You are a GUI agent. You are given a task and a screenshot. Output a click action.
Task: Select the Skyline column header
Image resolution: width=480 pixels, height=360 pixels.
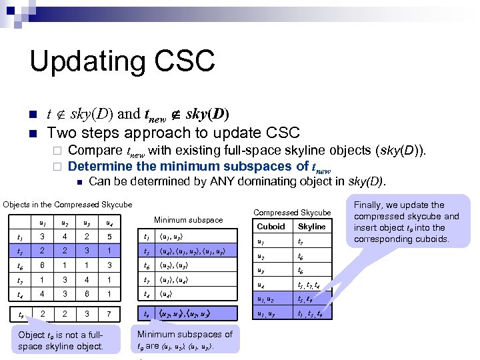pyautogui.click(x=311, y=227)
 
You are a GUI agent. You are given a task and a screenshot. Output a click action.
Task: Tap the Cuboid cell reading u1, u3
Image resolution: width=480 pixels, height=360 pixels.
pyautogui.click(x=269, y=313)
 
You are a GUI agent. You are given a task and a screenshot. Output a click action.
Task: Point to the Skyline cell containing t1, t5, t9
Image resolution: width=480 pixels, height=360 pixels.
pyautogui.click(x=311, y=313)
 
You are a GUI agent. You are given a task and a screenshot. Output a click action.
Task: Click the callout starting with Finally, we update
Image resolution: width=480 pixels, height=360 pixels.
pyautogui.click(x=407, y=222)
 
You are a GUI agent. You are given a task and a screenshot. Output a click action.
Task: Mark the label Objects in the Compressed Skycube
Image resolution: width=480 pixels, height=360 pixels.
pyautogui.click(x=67, y=204)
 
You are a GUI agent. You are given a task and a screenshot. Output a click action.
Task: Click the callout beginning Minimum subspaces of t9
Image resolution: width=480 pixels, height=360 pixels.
pyautogui.click(x=184, y=340)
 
